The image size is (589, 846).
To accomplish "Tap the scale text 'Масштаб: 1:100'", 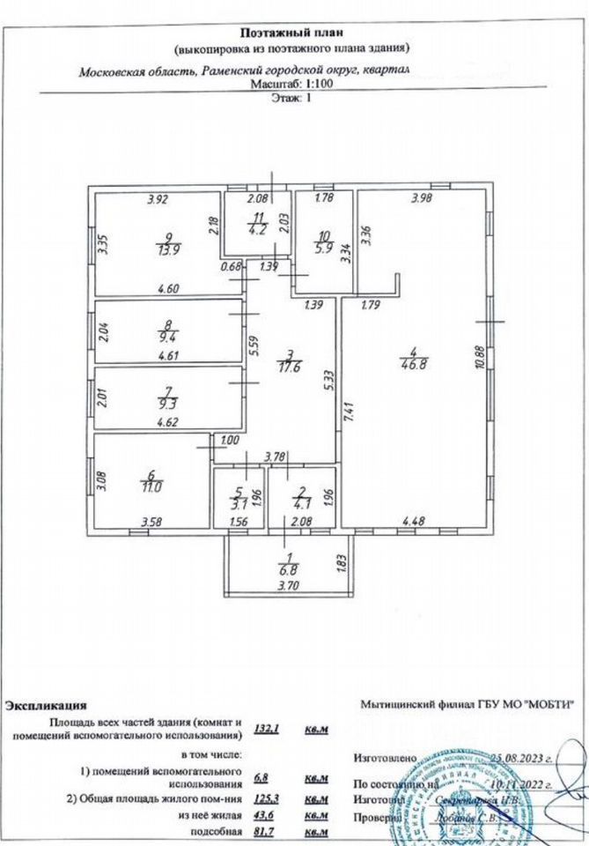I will (293, 86).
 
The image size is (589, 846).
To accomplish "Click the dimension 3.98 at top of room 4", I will (422, 198).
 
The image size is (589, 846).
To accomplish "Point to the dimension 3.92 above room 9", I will (157, 198).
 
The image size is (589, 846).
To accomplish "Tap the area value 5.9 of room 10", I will (323, 248).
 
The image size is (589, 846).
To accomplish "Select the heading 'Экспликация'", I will (46, 705).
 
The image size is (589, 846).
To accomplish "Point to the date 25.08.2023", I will (522, 757).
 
